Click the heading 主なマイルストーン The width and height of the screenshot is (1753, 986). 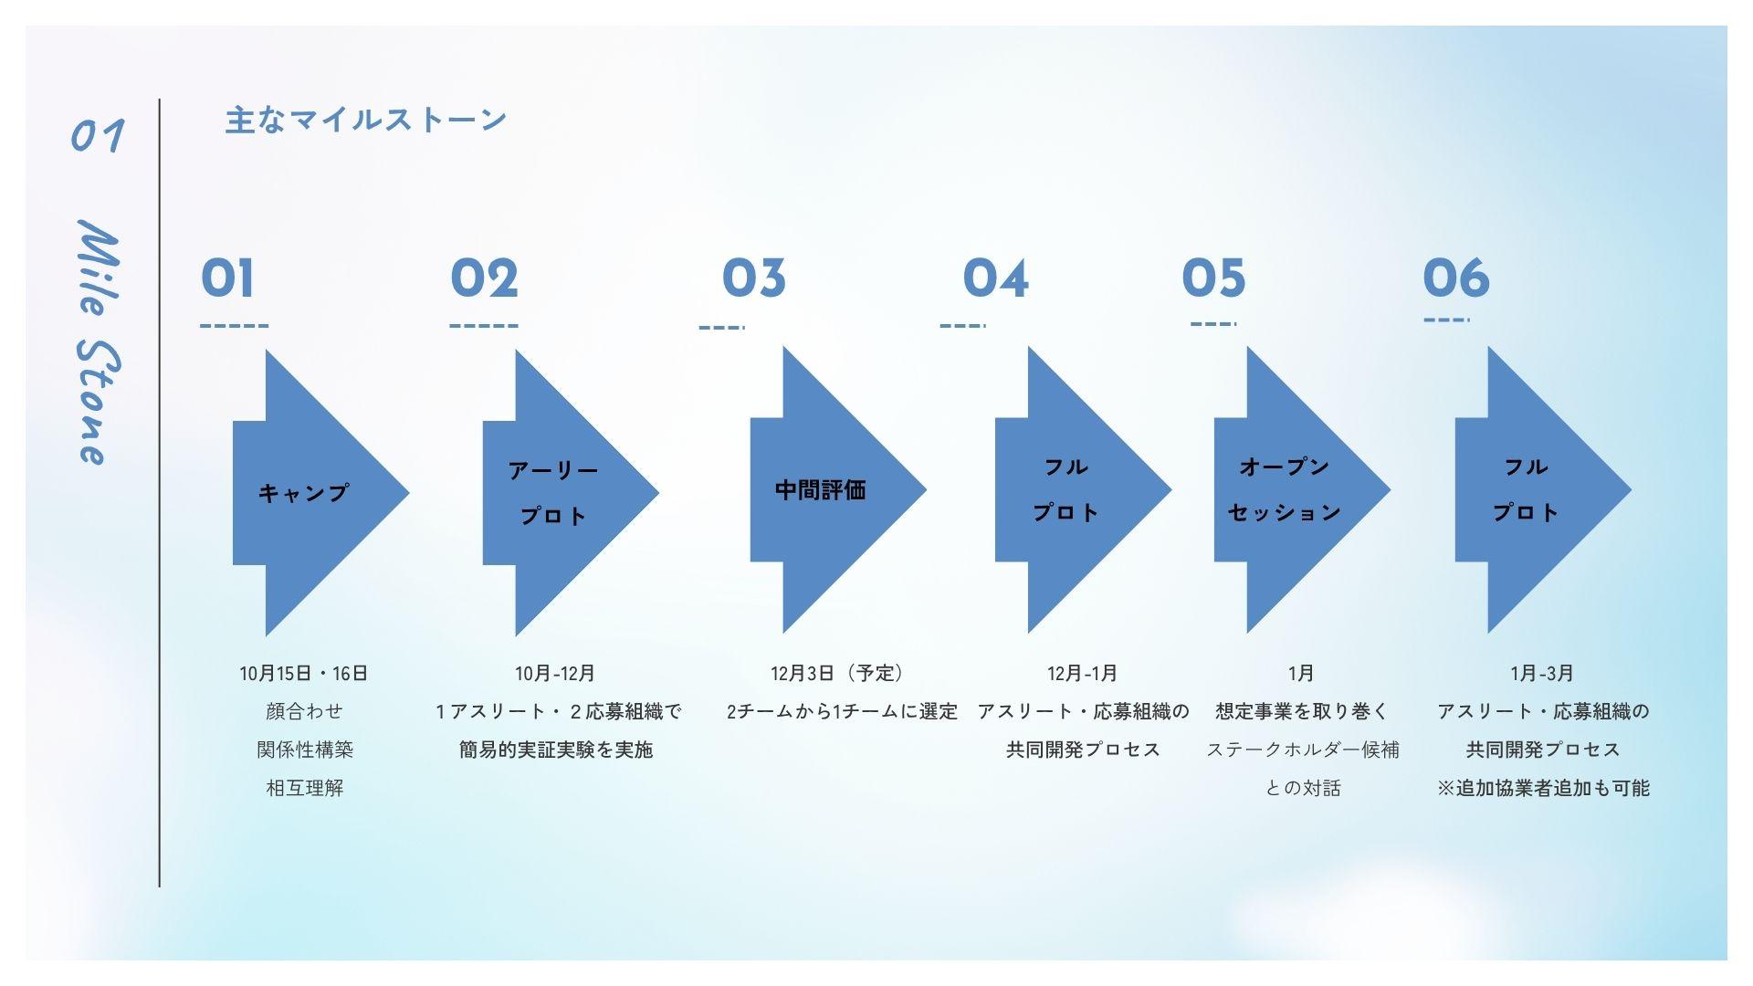pyautogui.click(x=365, y=121)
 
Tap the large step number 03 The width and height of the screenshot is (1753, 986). pyautogui.click(x=753, y=278)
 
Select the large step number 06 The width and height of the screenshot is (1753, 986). pyautogui.click(x=1455, y=278)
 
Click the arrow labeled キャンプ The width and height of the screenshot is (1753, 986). pyautogui.click(x=310, y=493)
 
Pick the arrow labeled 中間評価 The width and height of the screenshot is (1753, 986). pyautogui.click(x=826, y=490)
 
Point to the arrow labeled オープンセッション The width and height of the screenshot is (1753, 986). pyautogui.click(x=1292, y=490)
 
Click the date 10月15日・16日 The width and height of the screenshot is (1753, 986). pyautogui.click(x=304, y=674)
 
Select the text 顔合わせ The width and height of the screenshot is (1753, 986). pyautogui.click(x=304, y=712)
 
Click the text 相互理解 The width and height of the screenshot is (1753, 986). pyautogui.click(x=304, y=788)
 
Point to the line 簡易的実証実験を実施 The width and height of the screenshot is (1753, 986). pyautogui.click(x=556, y=750)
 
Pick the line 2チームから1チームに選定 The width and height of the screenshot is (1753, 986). pyautogui.click(x=842, y=712)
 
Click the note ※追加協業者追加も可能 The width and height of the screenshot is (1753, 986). pyautogui.click(x=1543, y=788)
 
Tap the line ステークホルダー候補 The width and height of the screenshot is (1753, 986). pyautogui.click(x=1302, y=750)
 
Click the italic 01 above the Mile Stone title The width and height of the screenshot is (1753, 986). pyautogui.click(x=98, y=137)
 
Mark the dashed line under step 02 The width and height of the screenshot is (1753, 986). pyautogui.click(x=484, y=326)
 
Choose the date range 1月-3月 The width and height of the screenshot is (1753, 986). pyautogui.click(x=1542, y=674)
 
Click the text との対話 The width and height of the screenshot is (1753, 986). pyautogui.click(x=1302, y=788)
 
